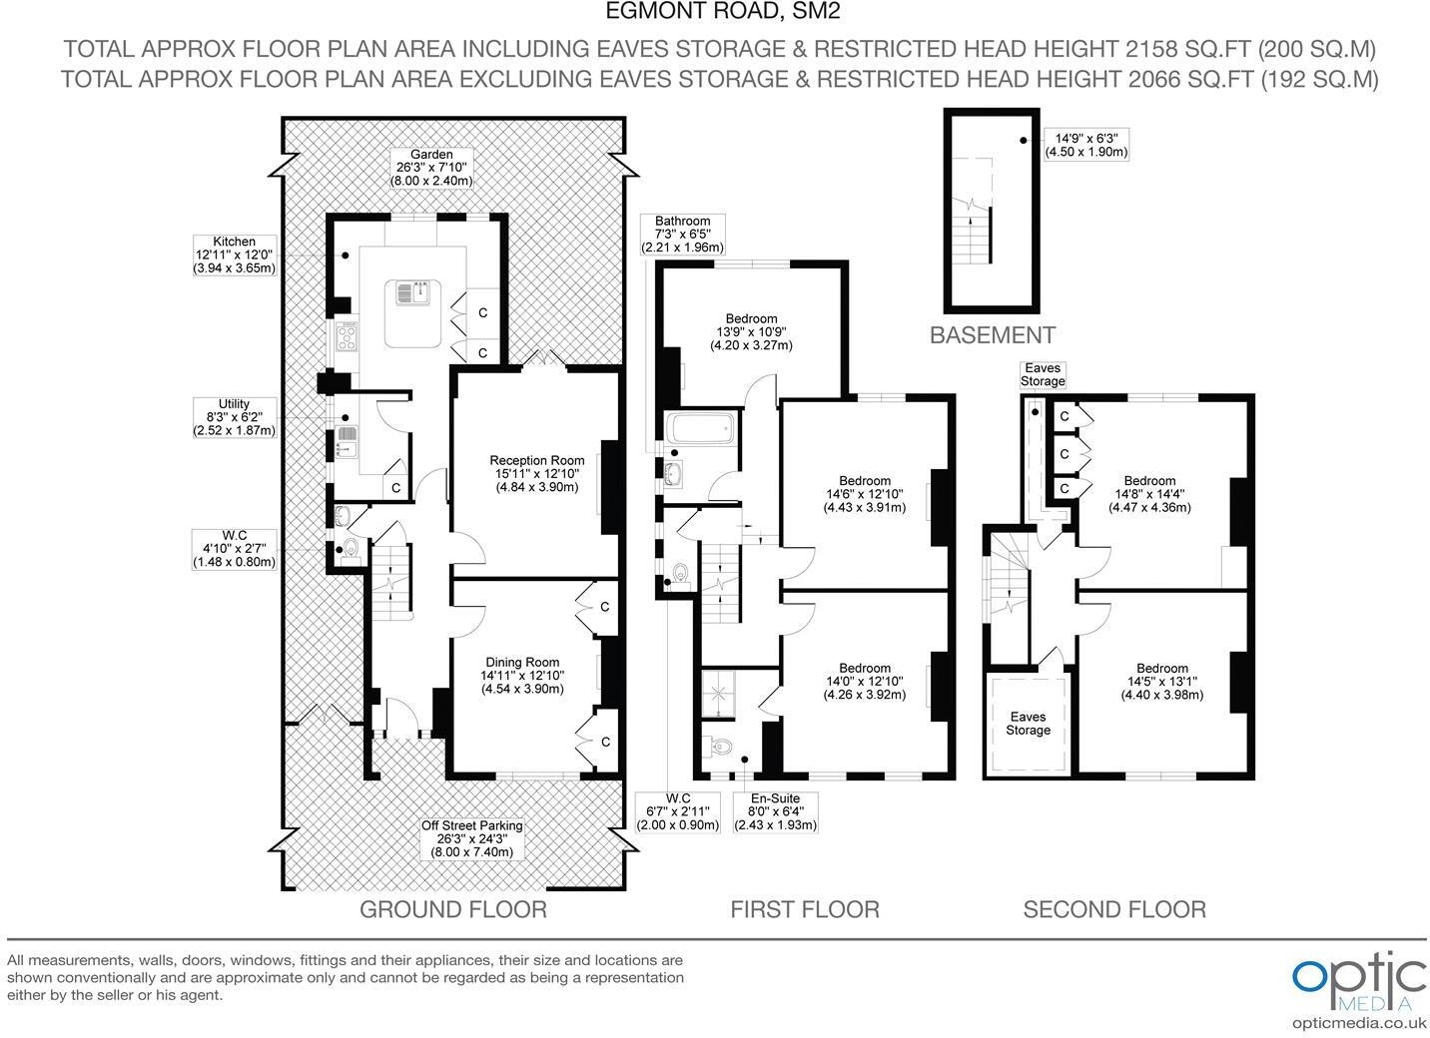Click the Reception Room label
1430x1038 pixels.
[536, 473]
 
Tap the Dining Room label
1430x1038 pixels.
[522, 675]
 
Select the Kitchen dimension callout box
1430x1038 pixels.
[234, 255]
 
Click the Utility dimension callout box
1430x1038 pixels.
[234, 417]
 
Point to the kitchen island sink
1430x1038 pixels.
[413, 292]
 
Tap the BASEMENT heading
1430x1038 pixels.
[992, 335]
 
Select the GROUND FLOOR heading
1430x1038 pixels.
[452, 909]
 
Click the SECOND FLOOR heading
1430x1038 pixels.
[1114, 909]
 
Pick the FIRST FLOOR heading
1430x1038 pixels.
[804, 909]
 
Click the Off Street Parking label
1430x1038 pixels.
[472, 838]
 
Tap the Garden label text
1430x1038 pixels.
[431, 168]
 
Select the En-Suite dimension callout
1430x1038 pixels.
[775, 812]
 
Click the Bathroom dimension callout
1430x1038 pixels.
[682, 235]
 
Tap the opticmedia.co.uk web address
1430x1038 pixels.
[1359, 1022]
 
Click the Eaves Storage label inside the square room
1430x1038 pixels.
[1028, 723]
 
